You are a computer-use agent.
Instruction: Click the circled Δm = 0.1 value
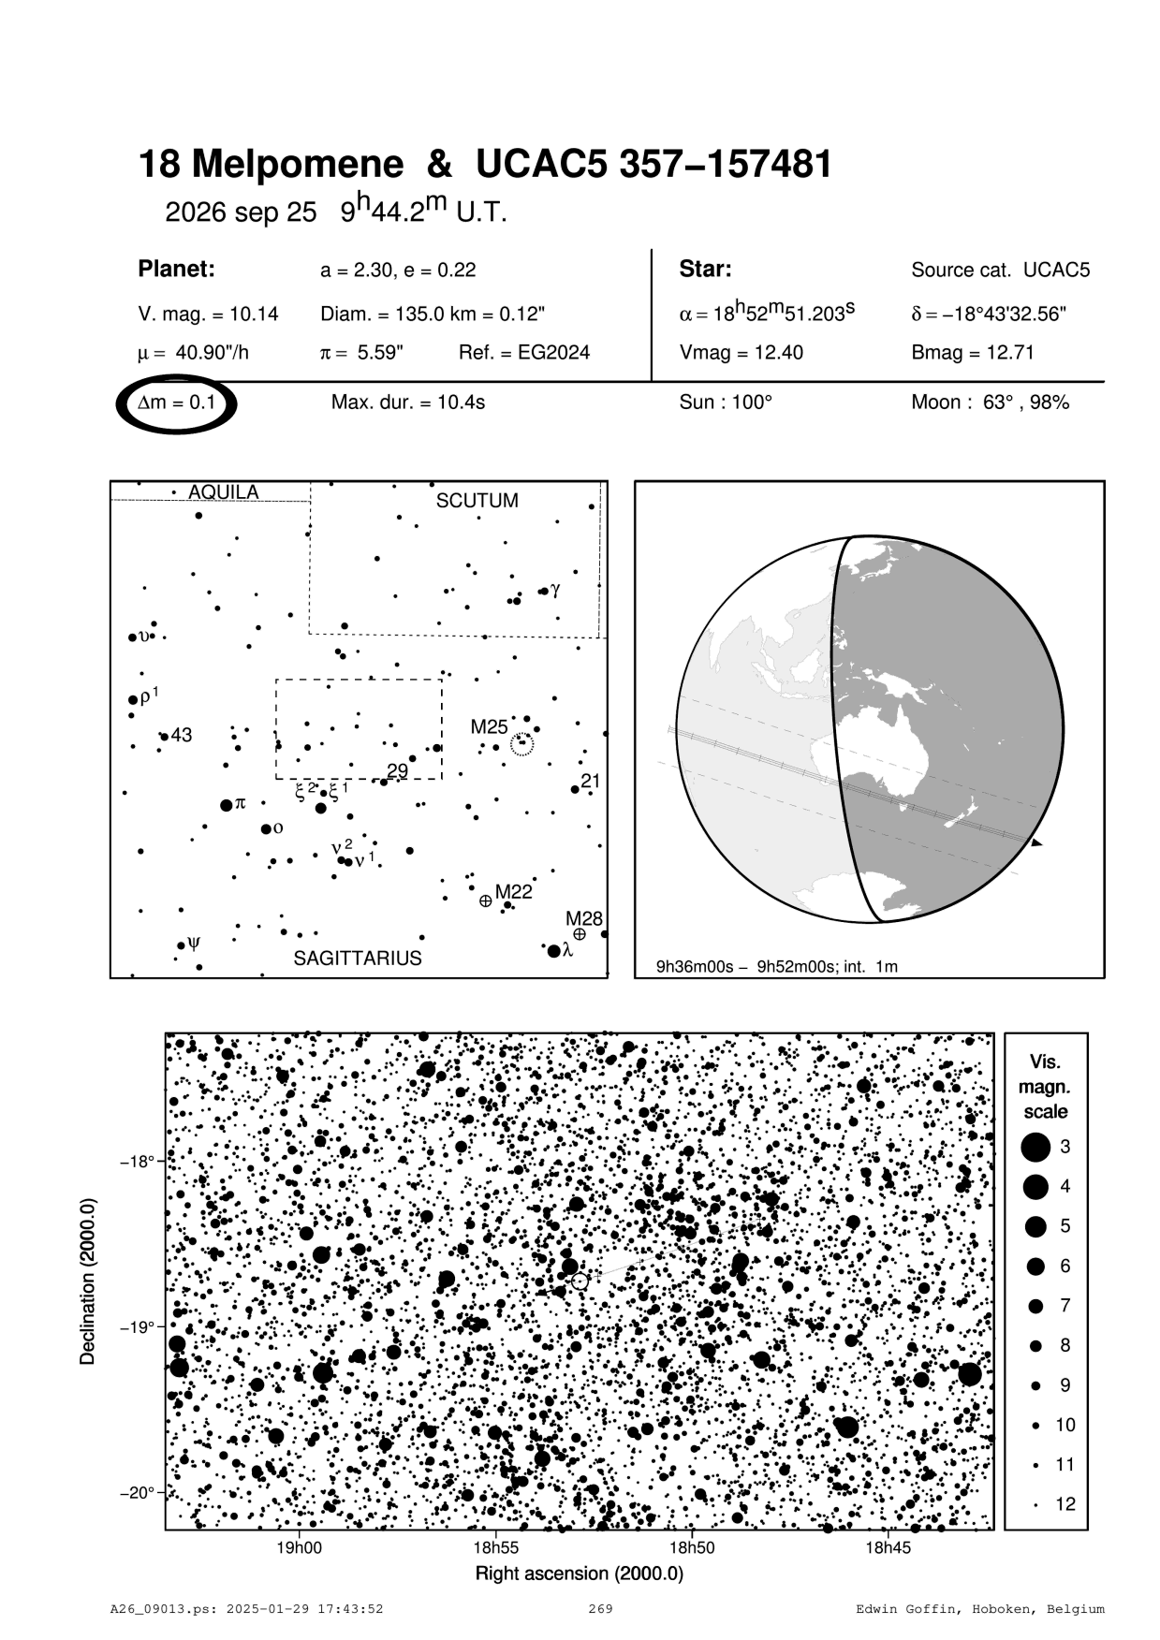(177, 403)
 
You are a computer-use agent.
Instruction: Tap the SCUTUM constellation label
(477, 501)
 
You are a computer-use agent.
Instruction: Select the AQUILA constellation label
(224, 492)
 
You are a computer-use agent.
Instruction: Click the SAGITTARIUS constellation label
(358, 959)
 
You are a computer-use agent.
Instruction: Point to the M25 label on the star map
(489, 726)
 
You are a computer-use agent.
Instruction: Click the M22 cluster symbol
(485, 901)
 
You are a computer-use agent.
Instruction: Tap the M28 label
(584, 918)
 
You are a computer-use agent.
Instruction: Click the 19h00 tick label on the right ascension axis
(299, 1548)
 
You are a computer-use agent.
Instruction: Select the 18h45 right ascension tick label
(887, 1548)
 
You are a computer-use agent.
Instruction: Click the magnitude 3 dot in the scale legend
(1035, 1147)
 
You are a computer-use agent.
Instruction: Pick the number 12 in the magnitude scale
(1065, 1504)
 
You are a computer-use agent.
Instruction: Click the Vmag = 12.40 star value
(741, 353)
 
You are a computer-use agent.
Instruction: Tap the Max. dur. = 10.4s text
(408, 403)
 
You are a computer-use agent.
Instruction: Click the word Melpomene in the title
(298, 165)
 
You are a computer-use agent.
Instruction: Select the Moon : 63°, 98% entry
(990, 403)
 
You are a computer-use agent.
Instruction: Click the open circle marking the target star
(580, 1281)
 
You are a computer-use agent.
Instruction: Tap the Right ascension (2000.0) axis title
(580, 1574)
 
